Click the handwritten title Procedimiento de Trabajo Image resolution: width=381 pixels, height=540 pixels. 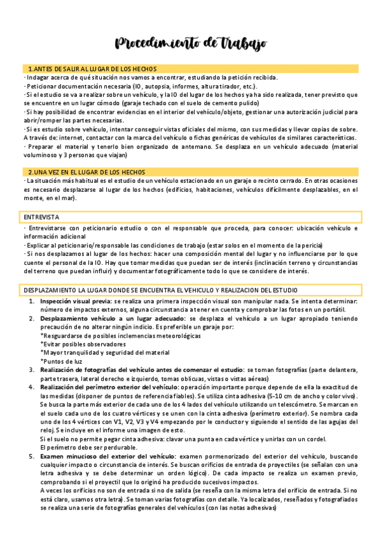(190, 43)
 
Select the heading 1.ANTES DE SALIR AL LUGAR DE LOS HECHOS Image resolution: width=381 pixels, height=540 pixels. (93, 69)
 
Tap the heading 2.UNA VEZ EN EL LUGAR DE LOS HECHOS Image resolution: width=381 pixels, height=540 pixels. (87, 173)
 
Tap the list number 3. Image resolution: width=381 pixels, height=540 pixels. (32, 369)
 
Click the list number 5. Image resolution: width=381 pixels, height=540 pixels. (32, 456)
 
